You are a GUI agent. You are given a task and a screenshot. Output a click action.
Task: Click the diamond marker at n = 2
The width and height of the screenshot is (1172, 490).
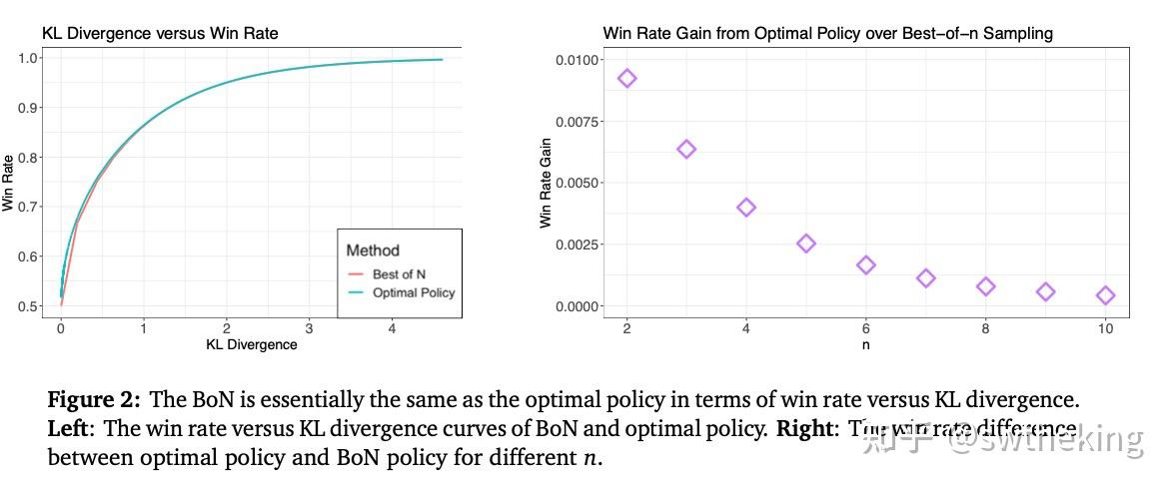click(626, 78)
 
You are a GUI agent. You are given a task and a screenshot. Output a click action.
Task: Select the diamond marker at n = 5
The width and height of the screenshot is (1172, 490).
click(806, 243)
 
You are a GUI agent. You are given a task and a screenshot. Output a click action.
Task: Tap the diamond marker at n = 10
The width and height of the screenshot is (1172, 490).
click(1105, 295)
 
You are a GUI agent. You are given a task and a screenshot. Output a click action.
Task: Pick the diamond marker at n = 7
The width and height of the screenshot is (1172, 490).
click(925, 278)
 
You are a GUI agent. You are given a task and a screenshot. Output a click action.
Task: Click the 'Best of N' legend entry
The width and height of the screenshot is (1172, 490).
click(399, 273)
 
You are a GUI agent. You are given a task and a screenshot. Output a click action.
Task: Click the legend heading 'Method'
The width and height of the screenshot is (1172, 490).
click(373, 249)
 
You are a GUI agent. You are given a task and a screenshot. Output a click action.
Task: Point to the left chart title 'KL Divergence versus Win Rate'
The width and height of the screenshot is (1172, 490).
click(160, 34)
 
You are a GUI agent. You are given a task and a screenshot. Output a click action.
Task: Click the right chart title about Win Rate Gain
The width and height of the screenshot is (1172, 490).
click(827, 34)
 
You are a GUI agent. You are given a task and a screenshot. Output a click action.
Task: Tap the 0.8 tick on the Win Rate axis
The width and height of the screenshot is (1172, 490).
click(28, 157)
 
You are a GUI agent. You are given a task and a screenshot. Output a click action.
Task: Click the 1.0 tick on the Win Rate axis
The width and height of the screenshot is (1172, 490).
click(28, 58)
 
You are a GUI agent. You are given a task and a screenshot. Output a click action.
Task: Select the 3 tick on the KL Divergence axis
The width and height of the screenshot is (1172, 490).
click(310, 328)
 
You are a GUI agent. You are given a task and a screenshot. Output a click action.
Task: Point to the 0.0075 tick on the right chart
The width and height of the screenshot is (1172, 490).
click(577, 122)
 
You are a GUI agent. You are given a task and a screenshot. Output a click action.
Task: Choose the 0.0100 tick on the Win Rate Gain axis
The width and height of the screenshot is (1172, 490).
click(577, 60)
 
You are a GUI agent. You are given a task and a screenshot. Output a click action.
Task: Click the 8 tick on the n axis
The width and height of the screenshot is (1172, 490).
click(985, 328)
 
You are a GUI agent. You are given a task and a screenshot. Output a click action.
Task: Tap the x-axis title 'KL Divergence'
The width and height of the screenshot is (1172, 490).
click(252, 344)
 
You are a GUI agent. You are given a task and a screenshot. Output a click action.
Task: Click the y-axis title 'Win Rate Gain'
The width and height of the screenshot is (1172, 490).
click(546, 183)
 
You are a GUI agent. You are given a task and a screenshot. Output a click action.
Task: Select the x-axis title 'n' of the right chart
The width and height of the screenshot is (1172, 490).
click(865, 344)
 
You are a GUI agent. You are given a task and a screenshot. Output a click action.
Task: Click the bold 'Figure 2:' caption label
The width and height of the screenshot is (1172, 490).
click(95, 401)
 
